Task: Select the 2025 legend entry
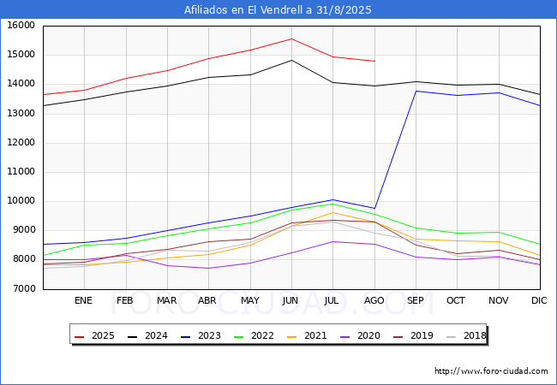pyautogui.click(x=94, y=335)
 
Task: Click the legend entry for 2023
pyautogui.click(x=201, y=335)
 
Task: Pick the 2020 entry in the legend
pyautogui.click(x=360, y=335)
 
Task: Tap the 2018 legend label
pyautogui.click(x=466, y=335)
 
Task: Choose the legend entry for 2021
pyautogui.click(x=307, y=335)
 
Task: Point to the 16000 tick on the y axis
pyautogui.click(x=21, y=26)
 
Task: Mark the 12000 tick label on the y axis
pyautogui.click(x=21, y=143)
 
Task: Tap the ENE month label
pyautogui.click(x=83, y=300)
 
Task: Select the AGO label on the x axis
pyautogui.click(x=374, y=300)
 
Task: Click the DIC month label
pyautogui.click(x=539, y=300)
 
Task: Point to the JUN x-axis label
pyautogui.click(x=290, y=300)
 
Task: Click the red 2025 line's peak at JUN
pyautogui.click(x=291, y=38)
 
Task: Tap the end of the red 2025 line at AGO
pyautogui.click(x=374, y=62)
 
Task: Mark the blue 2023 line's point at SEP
pyautogui.click(x=416, y=91)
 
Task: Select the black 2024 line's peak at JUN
pyautogui.click(x=291, y=60)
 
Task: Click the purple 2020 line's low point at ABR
pyautogui.click(x=208, y=268)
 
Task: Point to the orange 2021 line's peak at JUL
pyautogui.click(x=332, y=212)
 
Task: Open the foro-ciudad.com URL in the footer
pyautogui.click(x=491, y=370)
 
